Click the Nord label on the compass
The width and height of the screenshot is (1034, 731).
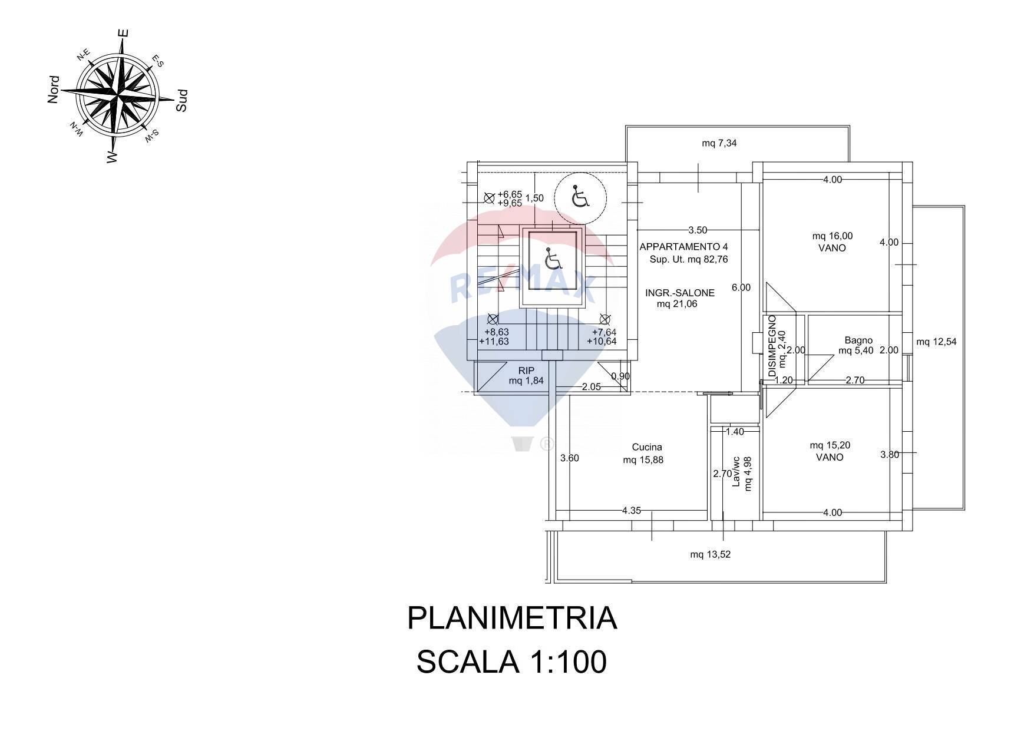coord(54,90)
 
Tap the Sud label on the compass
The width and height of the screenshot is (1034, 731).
coord(182,101)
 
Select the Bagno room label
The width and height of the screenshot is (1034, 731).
coord(858,340)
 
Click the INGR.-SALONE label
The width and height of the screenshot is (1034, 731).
coord(679,293)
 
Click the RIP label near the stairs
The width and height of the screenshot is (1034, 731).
coord(526,371)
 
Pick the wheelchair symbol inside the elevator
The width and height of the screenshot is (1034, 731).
coord(552,259)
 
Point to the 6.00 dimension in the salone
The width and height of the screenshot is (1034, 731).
coord(741,287)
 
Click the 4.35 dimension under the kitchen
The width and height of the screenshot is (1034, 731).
coord(631,511)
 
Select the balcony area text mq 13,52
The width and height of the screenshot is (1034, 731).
coord(710,554)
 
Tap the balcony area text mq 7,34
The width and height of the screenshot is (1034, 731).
coord(719,143)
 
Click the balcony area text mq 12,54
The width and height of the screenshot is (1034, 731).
coord(936,342)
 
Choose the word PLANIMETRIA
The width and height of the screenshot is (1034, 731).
coord(512,618)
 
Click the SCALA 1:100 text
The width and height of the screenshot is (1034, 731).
coord(511,662)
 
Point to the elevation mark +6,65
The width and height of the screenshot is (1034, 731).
coord(510,194)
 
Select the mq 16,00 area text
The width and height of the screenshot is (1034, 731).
coord(832,236)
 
